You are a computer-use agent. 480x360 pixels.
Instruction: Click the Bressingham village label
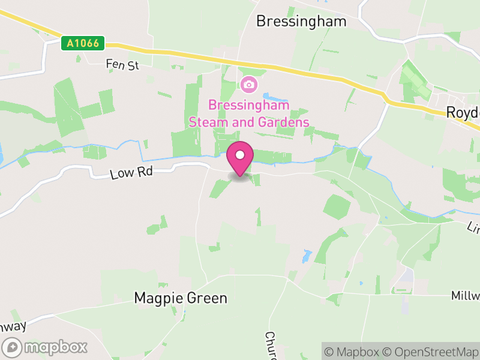(x=301, y=22)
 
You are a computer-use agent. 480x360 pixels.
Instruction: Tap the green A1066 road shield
(x=82, y=43)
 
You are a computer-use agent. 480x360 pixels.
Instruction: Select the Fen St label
(x=122, y=64)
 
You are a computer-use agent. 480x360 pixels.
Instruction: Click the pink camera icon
(x=248, y=85)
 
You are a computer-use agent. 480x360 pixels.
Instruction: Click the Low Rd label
(x=132, y=173)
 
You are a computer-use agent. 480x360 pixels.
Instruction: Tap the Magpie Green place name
(x=181, y=298)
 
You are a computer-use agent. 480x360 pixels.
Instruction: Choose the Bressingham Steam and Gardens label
(x=248, y=113)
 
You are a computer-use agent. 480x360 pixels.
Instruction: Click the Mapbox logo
(x=46, y=347)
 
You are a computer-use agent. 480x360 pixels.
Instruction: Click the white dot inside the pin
(x=240, y=155)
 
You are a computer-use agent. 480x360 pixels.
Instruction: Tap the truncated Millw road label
(x=466, y=296)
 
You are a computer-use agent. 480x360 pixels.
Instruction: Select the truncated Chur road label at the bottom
(x=271, y=344)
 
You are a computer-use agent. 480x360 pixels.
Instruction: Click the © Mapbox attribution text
(x=353, y=352)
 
